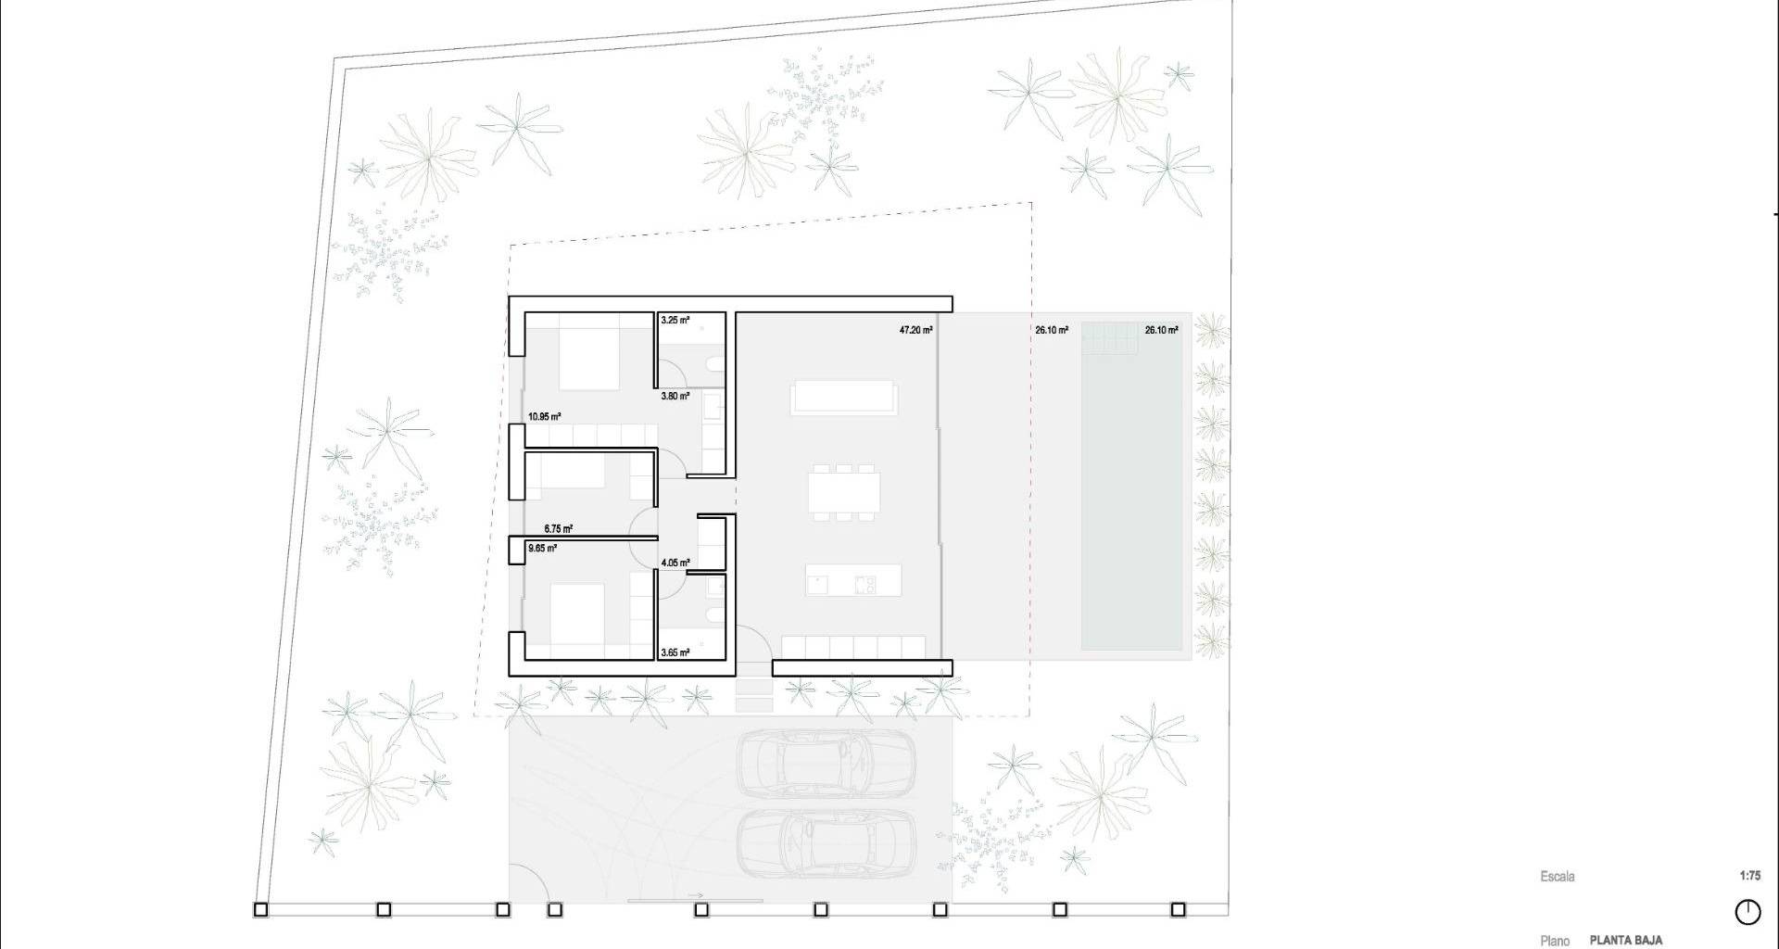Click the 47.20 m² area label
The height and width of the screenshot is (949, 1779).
pyautogui.click(x=915, y=329)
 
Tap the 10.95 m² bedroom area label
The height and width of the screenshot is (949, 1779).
pyautogui.click(x=545, y=417)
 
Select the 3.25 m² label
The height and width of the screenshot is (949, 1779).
pyautogui.click(x=675, y=321)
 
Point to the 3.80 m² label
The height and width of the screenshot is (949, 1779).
pyautogui.click(x=675, y=397)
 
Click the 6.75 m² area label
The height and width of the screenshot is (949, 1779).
pyautogui.click(x=558, y=529)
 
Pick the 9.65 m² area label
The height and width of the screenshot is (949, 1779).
pyautogui.click(x=542, y=549)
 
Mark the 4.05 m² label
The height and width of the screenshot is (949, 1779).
pyautogui.click(x=675, y=563)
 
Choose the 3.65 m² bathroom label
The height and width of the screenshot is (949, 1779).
pyautogui.click(x=675, y=653)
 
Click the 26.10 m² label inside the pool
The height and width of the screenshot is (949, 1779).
pyautogui.click(x=1161, y=330)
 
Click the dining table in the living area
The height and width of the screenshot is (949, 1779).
pyautogui.click(x=842, y=492)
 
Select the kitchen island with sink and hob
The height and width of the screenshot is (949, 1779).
pyautogui.click(x=852, y=580)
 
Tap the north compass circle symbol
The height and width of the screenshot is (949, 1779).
pyautogui.click(x=1747, y=912)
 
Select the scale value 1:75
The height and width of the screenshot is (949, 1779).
pyautogui.click(x=1750, y=876)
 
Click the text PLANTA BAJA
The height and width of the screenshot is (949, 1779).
pyautogui.click(x=1626, y=940)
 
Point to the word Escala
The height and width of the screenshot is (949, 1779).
pyautogui.click(x=1558, y=877)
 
